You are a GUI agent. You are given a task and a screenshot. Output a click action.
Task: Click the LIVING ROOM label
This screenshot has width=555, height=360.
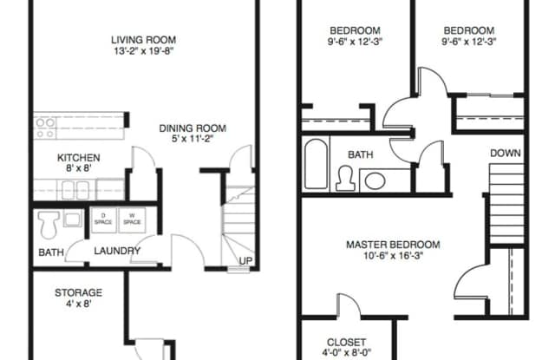(x=143, y=40)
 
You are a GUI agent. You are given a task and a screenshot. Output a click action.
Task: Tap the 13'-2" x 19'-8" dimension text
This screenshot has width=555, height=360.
(x=143, y=51)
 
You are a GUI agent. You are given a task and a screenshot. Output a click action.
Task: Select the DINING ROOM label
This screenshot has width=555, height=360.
(x=193, y=128)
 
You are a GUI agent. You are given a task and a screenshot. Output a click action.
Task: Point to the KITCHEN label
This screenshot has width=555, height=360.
(x=79, y=158)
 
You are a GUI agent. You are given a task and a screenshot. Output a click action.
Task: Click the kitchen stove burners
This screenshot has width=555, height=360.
(x=46, y=128)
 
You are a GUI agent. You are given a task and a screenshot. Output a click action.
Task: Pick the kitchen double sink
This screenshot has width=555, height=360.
(x=75, y=190)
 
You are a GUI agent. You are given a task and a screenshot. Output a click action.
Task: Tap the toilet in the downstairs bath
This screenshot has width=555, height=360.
(x=49, y=225)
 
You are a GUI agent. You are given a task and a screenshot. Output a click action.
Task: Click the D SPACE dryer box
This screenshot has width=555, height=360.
(x=103, y=219)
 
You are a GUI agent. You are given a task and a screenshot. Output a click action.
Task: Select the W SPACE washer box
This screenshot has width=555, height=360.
(x=132, y=219)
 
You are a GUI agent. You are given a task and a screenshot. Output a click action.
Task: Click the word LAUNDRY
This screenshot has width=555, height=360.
(x=117, y=251)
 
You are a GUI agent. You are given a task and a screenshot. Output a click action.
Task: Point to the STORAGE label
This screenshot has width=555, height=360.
(x=79, y=292)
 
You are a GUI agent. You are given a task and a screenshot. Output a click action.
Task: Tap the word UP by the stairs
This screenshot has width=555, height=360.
(x=245, y=261)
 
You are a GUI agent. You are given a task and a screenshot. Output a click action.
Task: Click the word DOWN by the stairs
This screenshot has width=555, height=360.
(x=506, y=154)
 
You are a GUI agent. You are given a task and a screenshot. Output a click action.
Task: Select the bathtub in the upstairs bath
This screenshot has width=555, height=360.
(x=316, y=164)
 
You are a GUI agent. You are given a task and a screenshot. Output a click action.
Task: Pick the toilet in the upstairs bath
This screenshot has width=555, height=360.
(x=345, y=179)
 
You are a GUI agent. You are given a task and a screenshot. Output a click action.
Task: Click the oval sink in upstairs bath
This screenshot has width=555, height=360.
(x=375, y=181)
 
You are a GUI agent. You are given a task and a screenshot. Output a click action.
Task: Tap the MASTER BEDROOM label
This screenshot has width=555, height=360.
(x=393, y=245)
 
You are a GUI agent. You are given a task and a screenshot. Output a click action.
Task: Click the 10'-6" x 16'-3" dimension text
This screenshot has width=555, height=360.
(x=393, y=256)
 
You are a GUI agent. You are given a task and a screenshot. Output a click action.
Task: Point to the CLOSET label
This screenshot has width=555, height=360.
(x=346, y=343)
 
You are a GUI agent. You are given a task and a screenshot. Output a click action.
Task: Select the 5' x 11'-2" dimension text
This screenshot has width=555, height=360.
(x=193, y=139)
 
